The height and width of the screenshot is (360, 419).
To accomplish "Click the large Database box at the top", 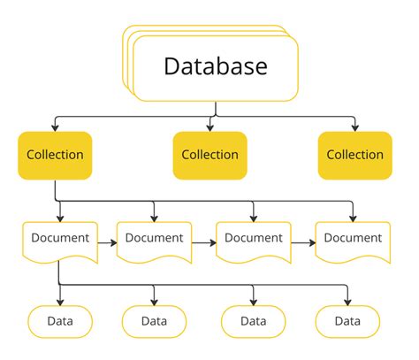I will coord(217,66).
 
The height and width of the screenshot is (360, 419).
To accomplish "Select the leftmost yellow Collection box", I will coord(55,155).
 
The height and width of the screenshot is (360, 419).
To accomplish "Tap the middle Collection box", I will coord(209,155).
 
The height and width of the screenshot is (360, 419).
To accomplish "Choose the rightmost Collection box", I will coord(354,155).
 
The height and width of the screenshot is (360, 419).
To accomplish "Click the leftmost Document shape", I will coord(59,239).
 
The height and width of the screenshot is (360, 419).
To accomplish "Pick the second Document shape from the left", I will coord(154,239).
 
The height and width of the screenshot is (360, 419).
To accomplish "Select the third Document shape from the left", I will coord(254,239).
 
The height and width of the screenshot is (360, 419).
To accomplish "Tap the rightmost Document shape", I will coord(353,239).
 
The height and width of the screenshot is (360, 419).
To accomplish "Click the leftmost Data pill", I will coord(59,321).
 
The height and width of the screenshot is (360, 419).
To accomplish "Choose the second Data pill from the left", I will coord(154,321).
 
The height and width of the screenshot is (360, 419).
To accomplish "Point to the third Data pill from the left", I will coord(254,321).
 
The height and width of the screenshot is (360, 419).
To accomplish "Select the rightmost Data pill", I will coord(347,321).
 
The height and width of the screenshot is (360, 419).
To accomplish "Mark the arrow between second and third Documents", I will coord(205,240).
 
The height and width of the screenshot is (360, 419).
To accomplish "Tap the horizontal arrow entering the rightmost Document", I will coord(304,240).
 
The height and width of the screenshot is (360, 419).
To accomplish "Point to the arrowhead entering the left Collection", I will coord(55,127).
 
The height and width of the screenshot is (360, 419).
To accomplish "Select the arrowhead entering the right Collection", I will coord(354,127).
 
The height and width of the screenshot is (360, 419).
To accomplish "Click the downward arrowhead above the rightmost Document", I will coord(353,217).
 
